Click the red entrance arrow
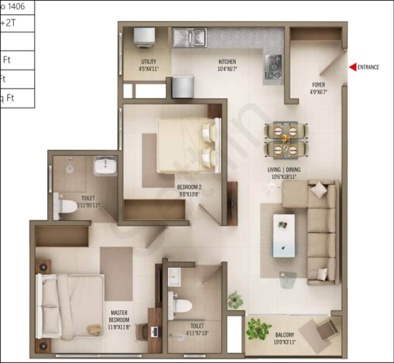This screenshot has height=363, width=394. coord(353,67)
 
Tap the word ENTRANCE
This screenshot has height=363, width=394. coord(368,67)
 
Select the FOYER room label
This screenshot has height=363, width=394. coord(318,85)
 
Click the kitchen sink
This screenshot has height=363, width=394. coord(189,38)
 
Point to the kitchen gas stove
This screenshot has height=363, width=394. coord(273,67)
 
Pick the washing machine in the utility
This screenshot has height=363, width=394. coord(144,38)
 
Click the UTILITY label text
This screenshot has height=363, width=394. coord(149,62)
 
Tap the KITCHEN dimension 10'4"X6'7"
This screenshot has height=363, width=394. coord(227,69)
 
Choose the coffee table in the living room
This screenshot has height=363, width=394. coord(284,235)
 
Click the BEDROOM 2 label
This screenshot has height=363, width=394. coord(189,187)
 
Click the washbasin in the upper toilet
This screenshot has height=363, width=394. coord(105,166)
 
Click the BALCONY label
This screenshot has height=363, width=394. coord(285,335)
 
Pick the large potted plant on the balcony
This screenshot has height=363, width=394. coord(259,329)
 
